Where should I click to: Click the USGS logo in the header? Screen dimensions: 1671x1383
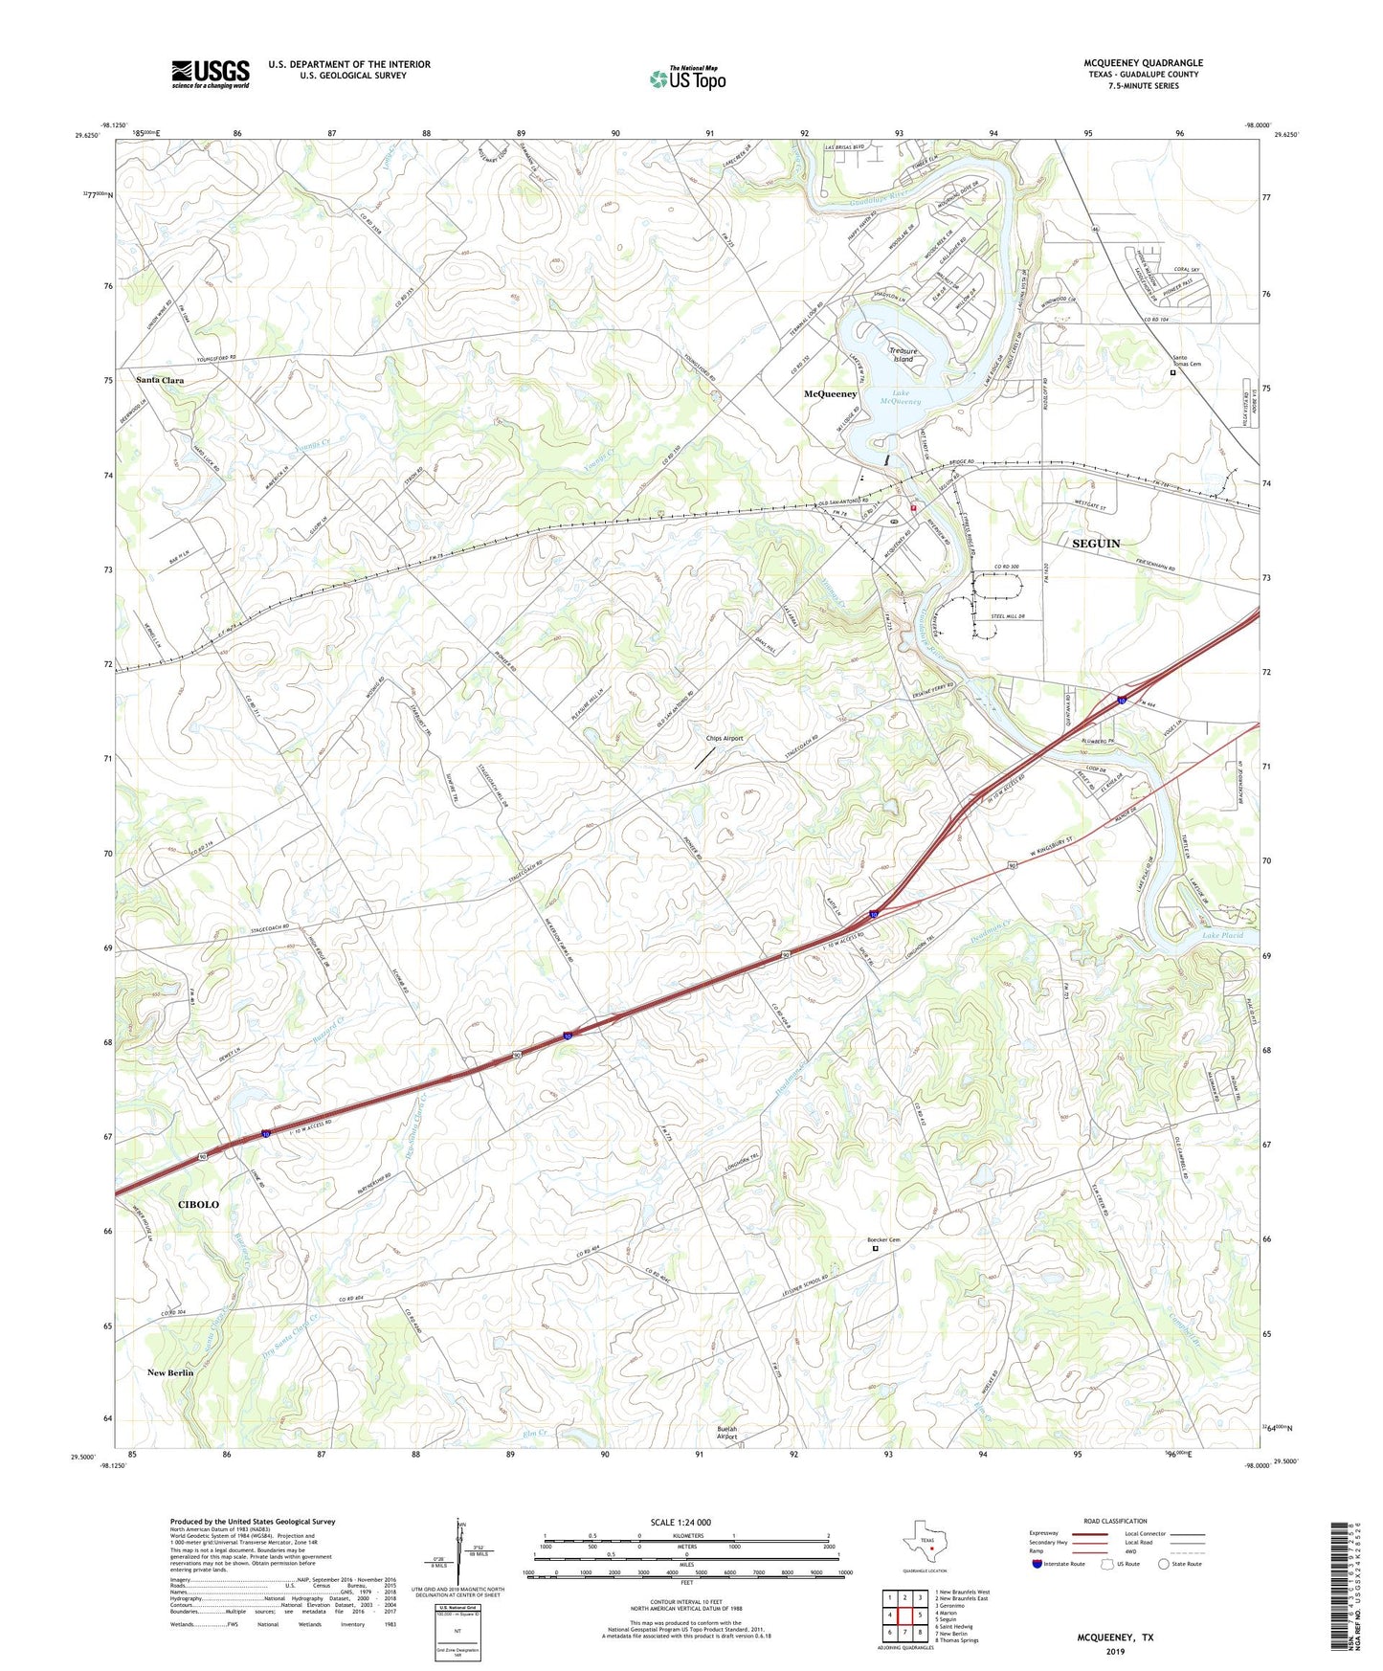211,73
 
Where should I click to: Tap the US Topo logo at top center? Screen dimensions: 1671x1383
686,78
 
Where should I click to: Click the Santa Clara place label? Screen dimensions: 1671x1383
160,380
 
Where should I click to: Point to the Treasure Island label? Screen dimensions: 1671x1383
903,354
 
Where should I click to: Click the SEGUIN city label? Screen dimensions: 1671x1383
1096,543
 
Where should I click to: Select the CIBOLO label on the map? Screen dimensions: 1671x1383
198,1204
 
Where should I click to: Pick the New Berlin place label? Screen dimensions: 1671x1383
170,1372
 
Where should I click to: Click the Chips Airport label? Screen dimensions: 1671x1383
725,738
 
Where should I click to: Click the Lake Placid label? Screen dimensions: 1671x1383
1222,935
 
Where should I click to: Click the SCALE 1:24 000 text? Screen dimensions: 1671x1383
685,1522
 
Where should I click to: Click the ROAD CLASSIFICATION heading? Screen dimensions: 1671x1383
1115,1521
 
